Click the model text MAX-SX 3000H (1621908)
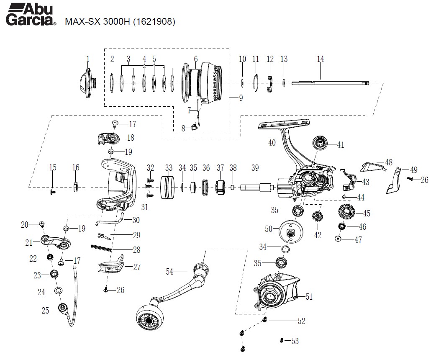[120, 22]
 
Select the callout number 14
[320, 59]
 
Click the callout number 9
[241, 99]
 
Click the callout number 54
[169, 272]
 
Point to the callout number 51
[309, 297]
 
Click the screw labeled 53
[282, 340]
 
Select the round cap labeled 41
[321, 144]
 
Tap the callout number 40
[272, 143]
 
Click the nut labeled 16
[76, 186]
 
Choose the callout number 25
[46, 310]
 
